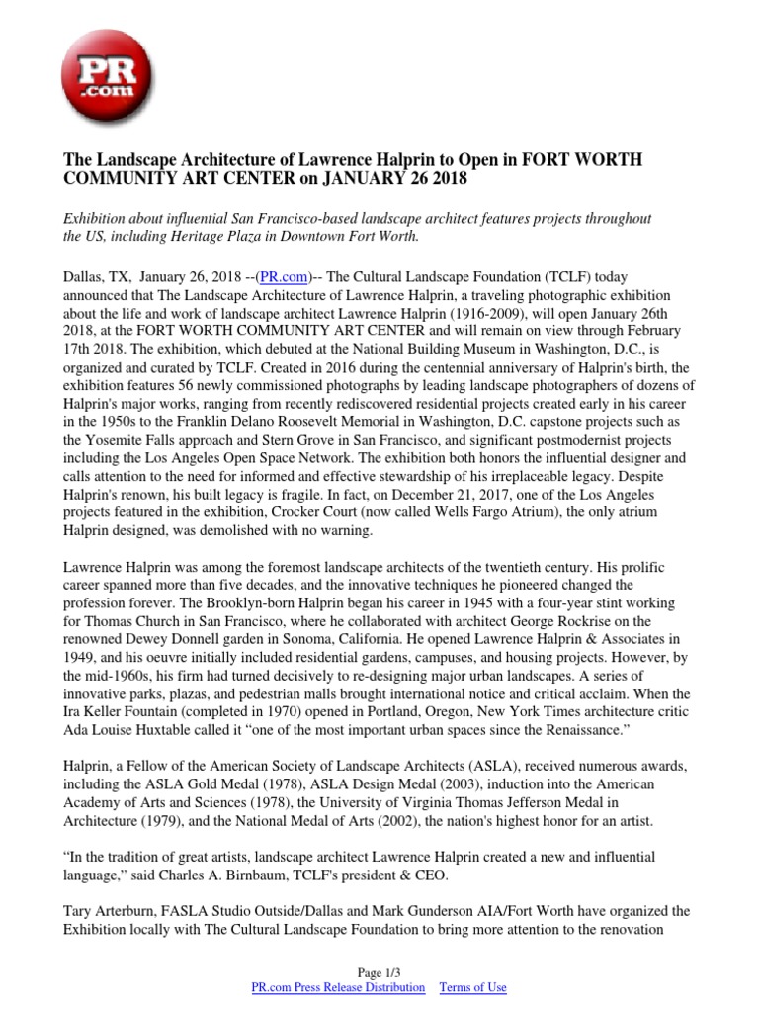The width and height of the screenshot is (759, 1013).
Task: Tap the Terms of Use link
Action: [x=472, y=988]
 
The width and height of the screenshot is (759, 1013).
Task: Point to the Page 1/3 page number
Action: [x=379, y=973]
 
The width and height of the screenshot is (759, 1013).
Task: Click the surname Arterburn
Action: [x=126, y=909]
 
